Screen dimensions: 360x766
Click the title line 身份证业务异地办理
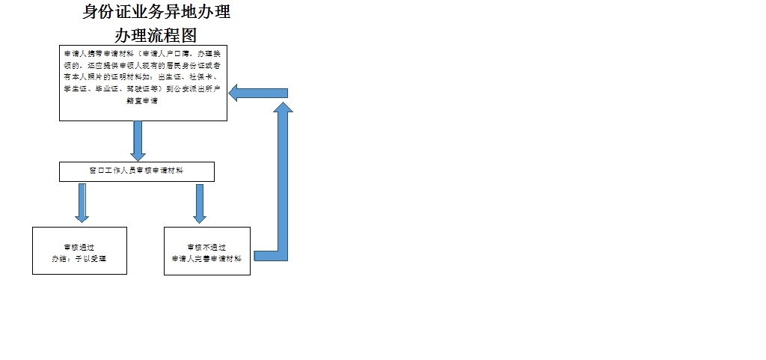[x=156, y=13]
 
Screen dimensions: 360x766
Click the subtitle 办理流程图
[x=156, y=34]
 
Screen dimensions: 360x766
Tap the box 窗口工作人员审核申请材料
[x=137, y=171]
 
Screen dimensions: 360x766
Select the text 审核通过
[x=79, y=247]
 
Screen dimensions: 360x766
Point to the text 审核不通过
[x=206, y=247]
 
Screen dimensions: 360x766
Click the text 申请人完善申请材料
[x=206, y=258]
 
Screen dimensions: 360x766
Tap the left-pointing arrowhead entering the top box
[x=237, y=93]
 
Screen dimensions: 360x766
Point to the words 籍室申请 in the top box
[x=144, y=100]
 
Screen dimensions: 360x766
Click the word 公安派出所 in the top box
[x=190, y=88]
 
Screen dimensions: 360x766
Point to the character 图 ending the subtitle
[x=189, y=34]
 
